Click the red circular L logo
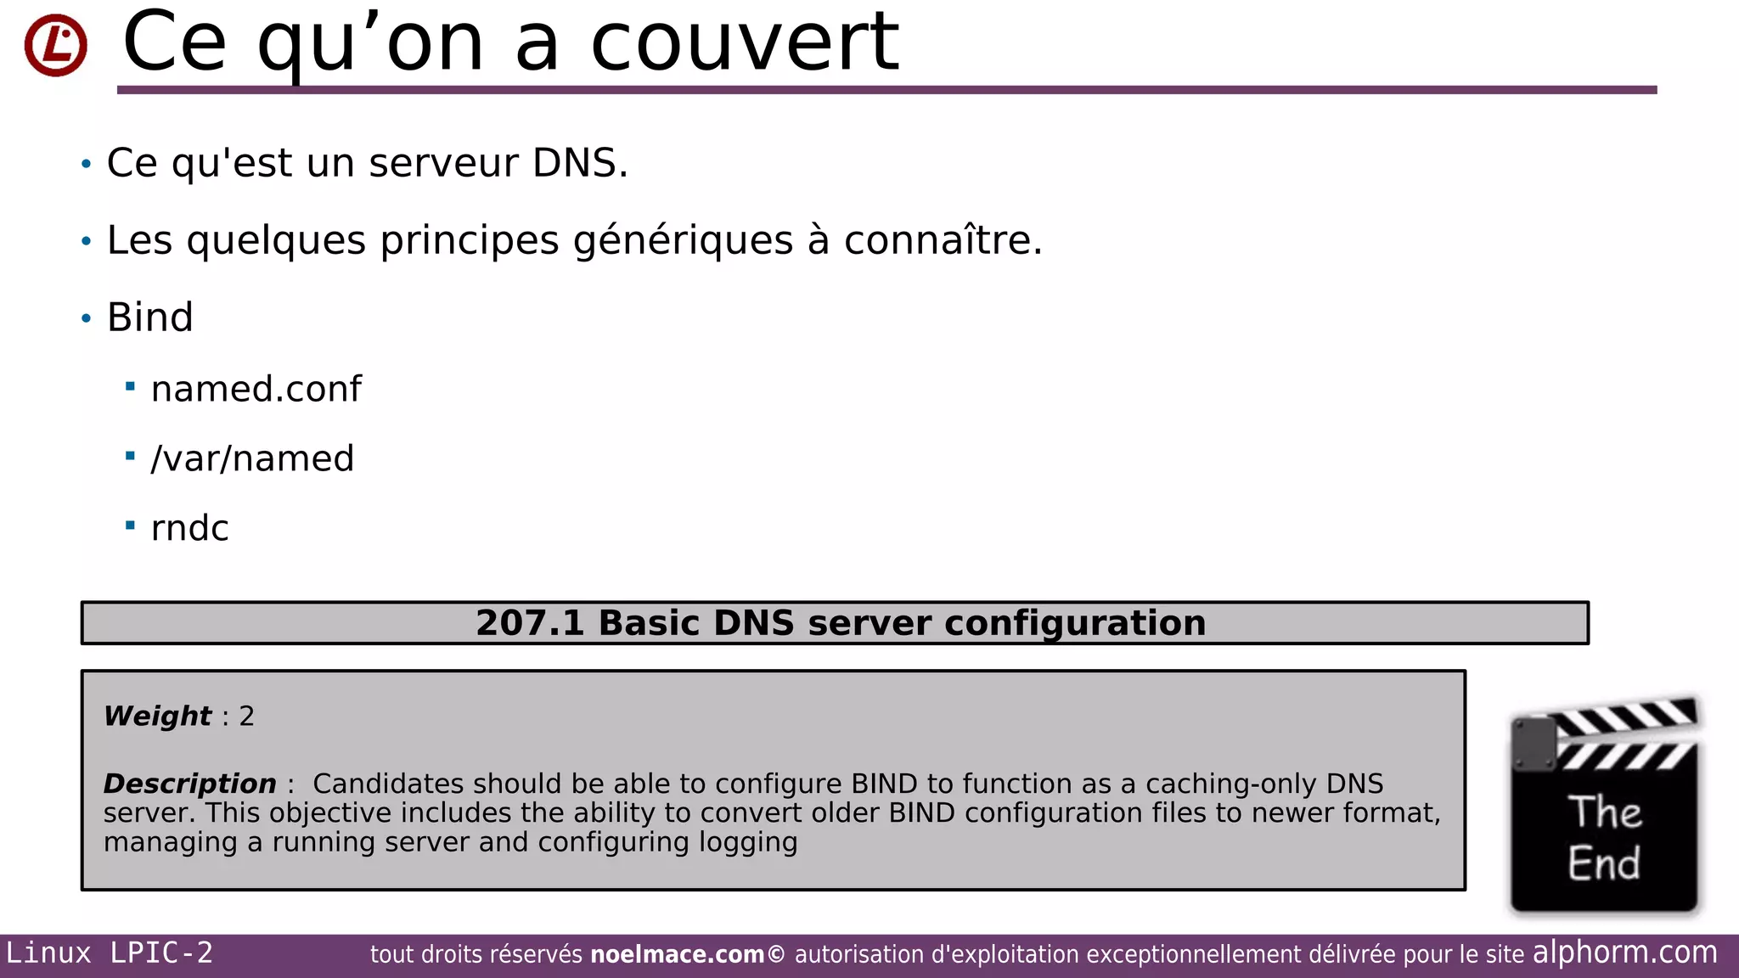(55, 45)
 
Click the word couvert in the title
(745, 42)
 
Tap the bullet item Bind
(150, 318)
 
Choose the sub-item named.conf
(256, 389)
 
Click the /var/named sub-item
(252, 458)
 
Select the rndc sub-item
(189, 528)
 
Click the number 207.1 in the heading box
(530, 623)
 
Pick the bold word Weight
(157, 716)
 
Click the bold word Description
(189, 784)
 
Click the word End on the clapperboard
(1603, 863)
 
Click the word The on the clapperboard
(1604, 812)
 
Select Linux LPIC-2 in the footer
(110, 953)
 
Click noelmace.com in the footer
(677, 954)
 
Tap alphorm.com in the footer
(1624, 953)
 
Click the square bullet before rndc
(130, 526)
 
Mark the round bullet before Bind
(86, 318)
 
